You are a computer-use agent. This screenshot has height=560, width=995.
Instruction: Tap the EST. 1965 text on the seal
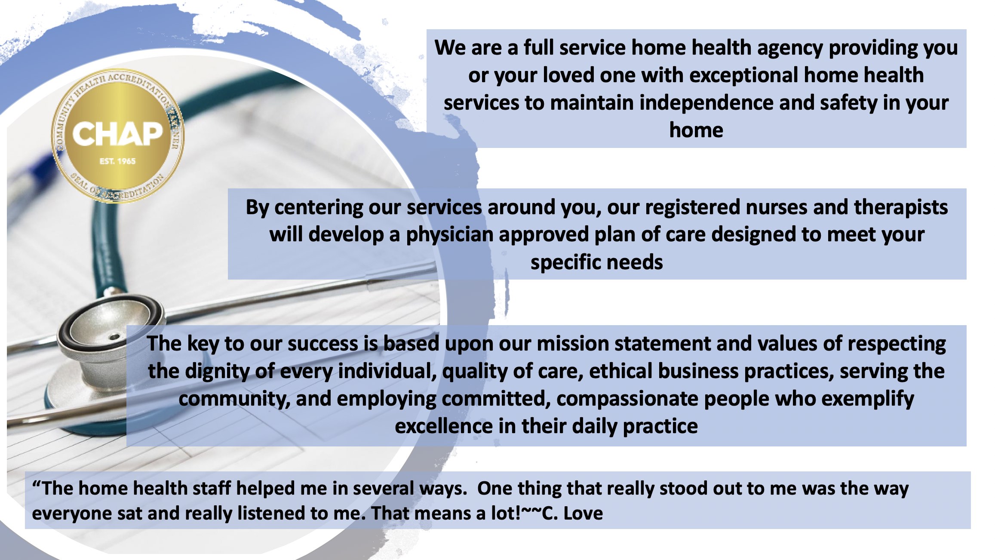point(117,161)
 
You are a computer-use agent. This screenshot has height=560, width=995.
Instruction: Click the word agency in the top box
point(789,48)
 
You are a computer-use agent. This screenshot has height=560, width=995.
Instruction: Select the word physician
point(450,235)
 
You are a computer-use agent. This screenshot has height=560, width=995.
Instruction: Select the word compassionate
point(627,399)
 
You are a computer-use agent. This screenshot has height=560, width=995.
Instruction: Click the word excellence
point(444,426)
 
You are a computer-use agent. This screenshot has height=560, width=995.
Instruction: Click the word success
point(323,344)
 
